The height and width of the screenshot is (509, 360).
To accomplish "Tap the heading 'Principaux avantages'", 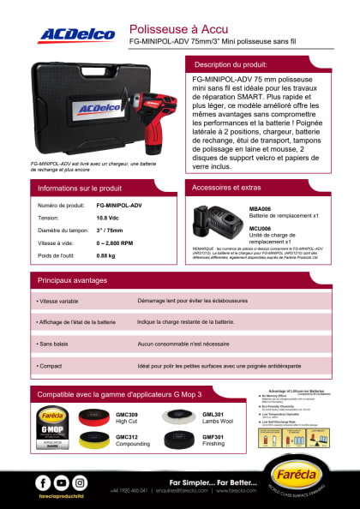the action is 74,280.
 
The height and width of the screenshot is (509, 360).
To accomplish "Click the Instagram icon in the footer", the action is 80,482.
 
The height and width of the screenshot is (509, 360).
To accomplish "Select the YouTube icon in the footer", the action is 60,482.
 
